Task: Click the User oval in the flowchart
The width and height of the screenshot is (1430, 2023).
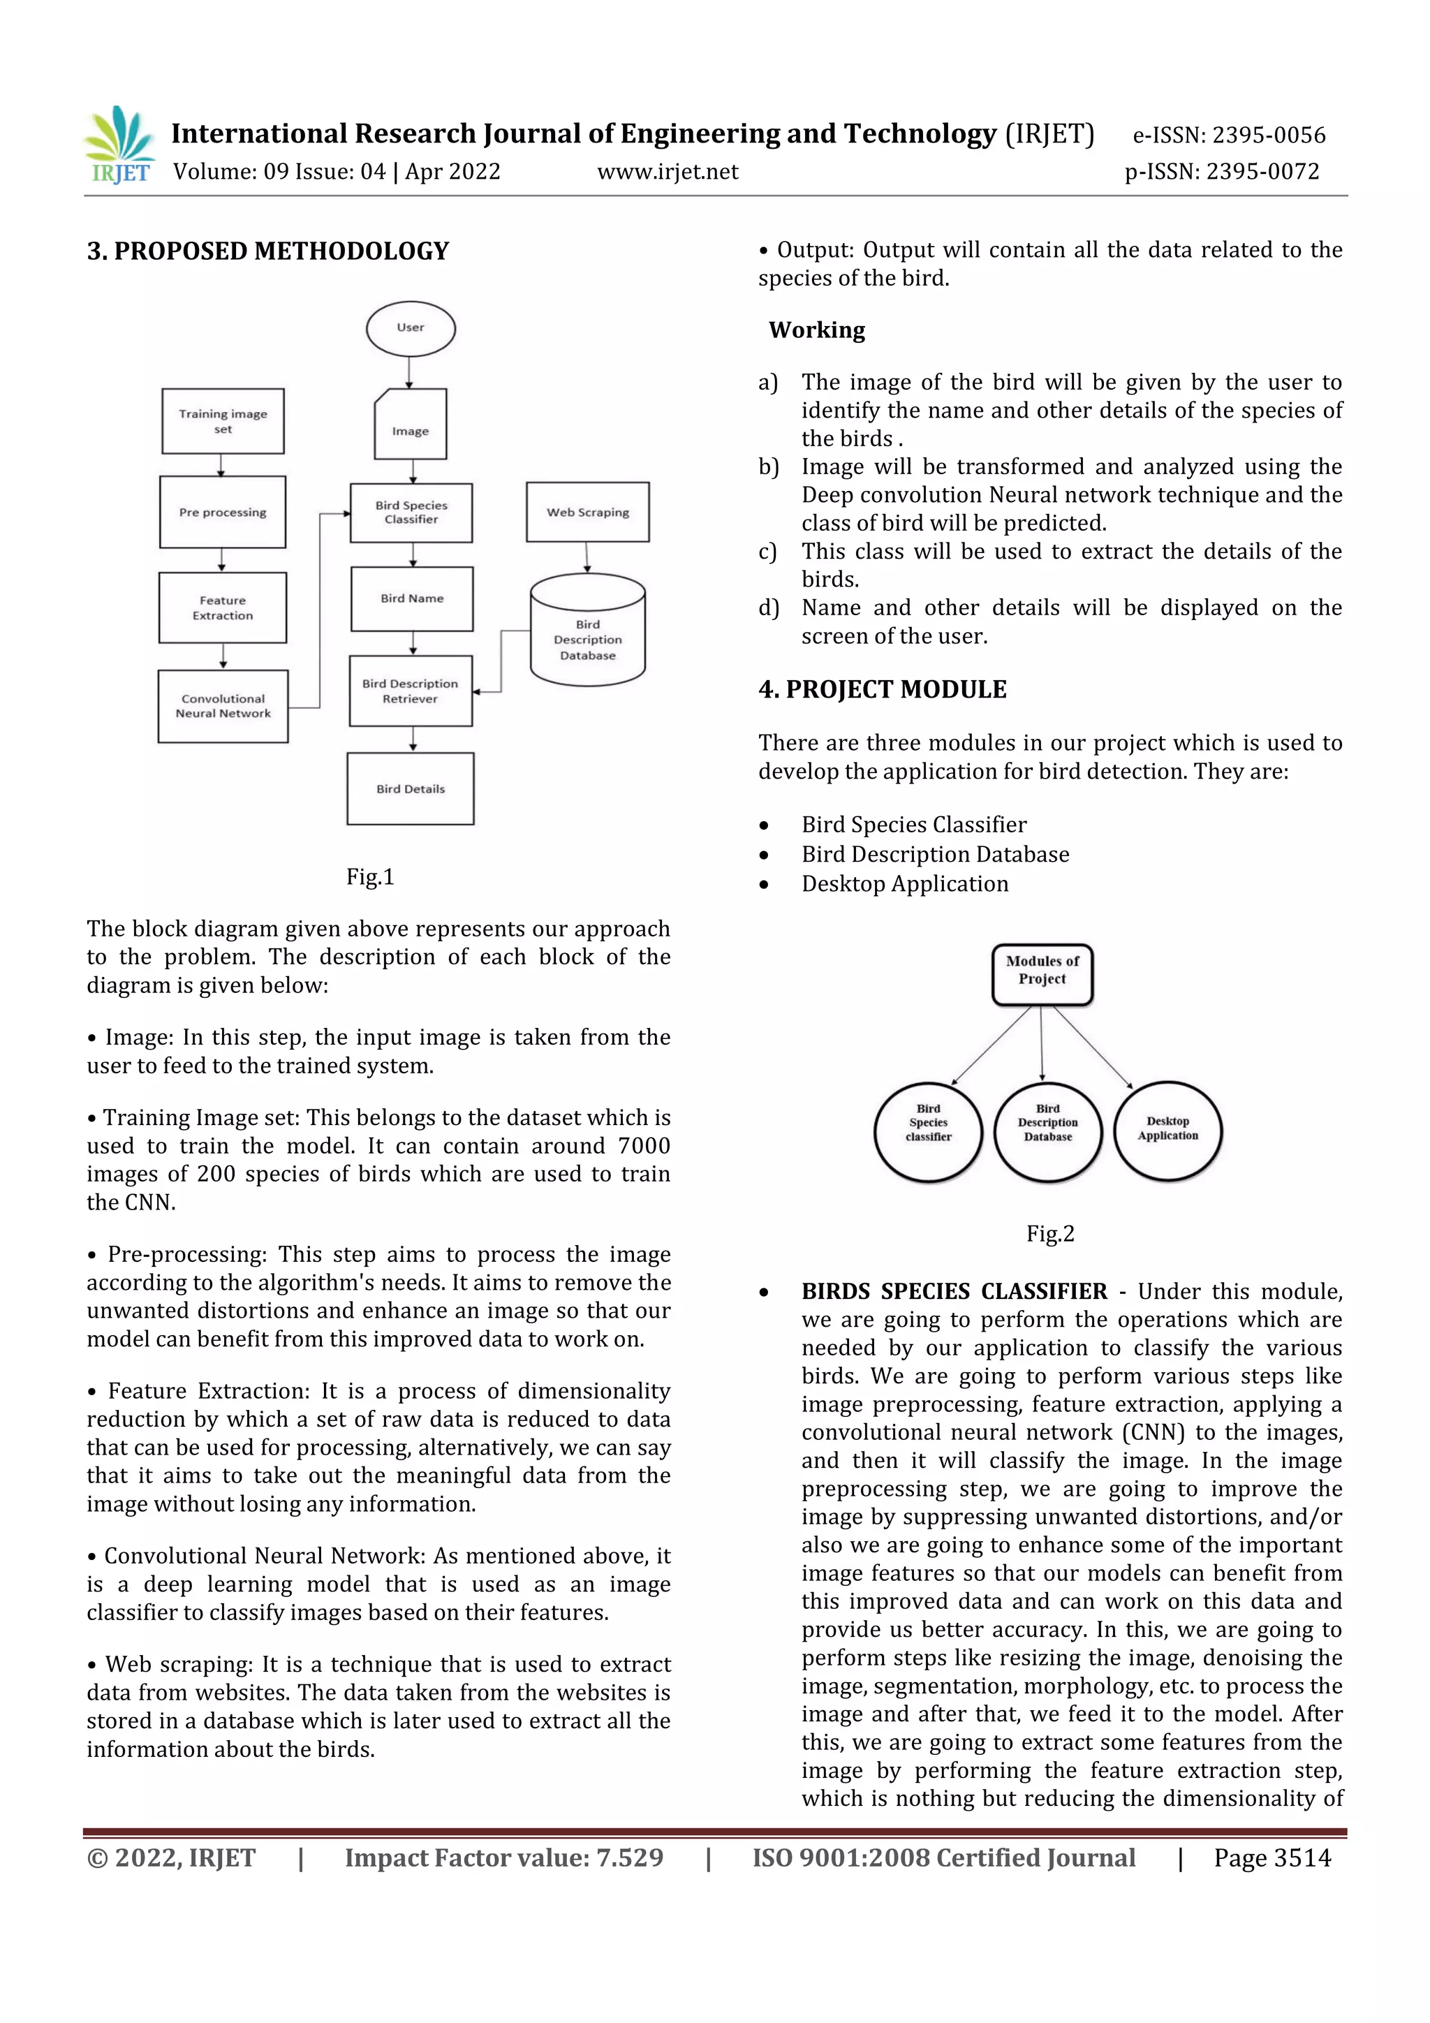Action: pyautogui.click(x=411, y=329)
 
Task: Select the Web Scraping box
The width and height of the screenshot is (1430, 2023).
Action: pyautogui.click(x=588, y=512)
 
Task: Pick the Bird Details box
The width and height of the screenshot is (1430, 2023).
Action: pyautogui.click(x=411, y=788)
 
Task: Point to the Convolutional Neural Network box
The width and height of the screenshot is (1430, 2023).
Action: pyautogui.click(x=223, y=707)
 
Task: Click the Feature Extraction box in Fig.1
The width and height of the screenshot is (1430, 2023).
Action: pyautogui.click(x=223, y=608)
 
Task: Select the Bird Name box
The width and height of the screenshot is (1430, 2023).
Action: pyautogui.click(x=411, y=599)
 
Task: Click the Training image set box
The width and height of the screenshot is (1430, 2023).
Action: pyautogui.click(x=223, y=421)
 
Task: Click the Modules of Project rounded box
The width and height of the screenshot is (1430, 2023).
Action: pyautogui.click(x=1042, y=975)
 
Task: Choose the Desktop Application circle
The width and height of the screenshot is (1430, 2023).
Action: pyautogui.click(x=1167, y=1131)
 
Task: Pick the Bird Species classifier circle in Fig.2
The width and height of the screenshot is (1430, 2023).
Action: pyautogui.click(x=928, y=1131)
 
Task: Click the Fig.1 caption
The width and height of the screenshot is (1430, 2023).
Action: pyautogui.click(x=370, y=876)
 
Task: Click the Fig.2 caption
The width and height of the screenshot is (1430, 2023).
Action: pyautogui.click(x=1050, y=1233)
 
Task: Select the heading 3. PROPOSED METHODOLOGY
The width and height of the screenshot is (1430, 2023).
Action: pyautogui.click(x=268, y=251)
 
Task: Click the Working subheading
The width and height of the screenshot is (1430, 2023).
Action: pyautogui.click(x=817, y=330)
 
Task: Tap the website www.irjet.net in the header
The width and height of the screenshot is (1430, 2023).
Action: pyautogui.click(x=668, y=172)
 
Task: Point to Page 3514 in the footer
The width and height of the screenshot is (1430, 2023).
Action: pyautogui.click(x=1272, y=1858)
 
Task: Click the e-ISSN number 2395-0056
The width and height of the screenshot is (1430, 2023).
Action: pyautogui.click(x=1269, y=135)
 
